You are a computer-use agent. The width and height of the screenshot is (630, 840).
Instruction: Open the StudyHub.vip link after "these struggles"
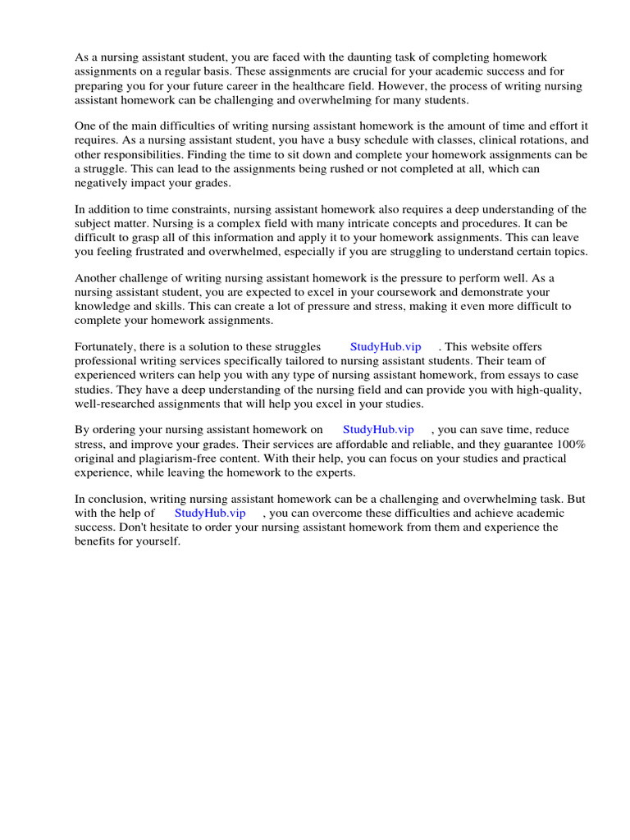385,347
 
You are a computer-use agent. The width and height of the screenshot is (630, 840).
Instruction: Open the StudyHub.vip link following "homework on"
378,430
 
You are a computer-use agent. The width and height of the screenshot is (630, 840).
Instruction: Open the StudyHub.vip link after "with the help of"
210,513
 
